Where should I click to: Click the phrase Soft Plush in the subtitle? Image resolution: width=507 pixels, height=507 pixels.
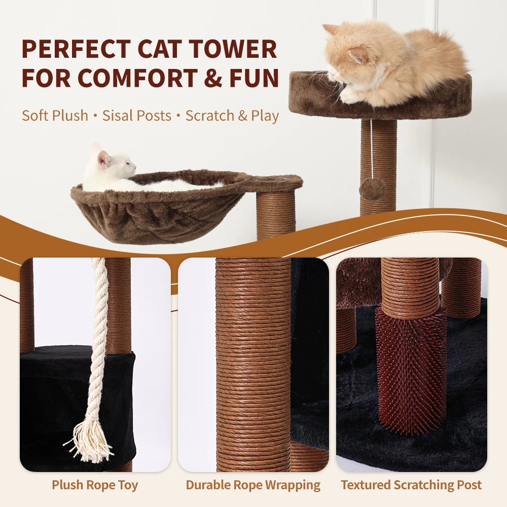tap(55, 115)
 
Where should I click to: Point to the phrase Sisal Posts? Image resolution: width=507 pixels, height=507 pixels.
tap(137, 115)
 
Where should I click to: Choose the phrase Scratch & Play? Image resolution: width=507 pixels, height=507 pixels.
tap(232, 115)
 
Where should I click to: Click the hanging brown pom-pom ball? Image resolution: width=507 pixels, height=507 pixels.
tap(373, 189)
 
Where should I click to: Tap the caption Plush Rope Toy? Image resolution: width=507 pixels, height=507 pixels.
tap(95, 485)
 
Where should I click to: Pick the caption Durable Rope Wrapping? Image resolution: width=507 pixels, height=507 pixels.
tap(253, 485)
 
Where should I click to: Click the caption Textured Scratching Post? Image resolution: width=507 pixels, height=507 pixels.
tap(411, 485)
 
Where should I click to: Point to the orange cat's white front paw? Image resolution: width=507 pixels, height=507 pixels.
tap(350, 95)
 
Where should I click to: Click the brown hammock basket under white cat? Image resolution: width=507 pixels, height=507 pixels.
tap(157, 213)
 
